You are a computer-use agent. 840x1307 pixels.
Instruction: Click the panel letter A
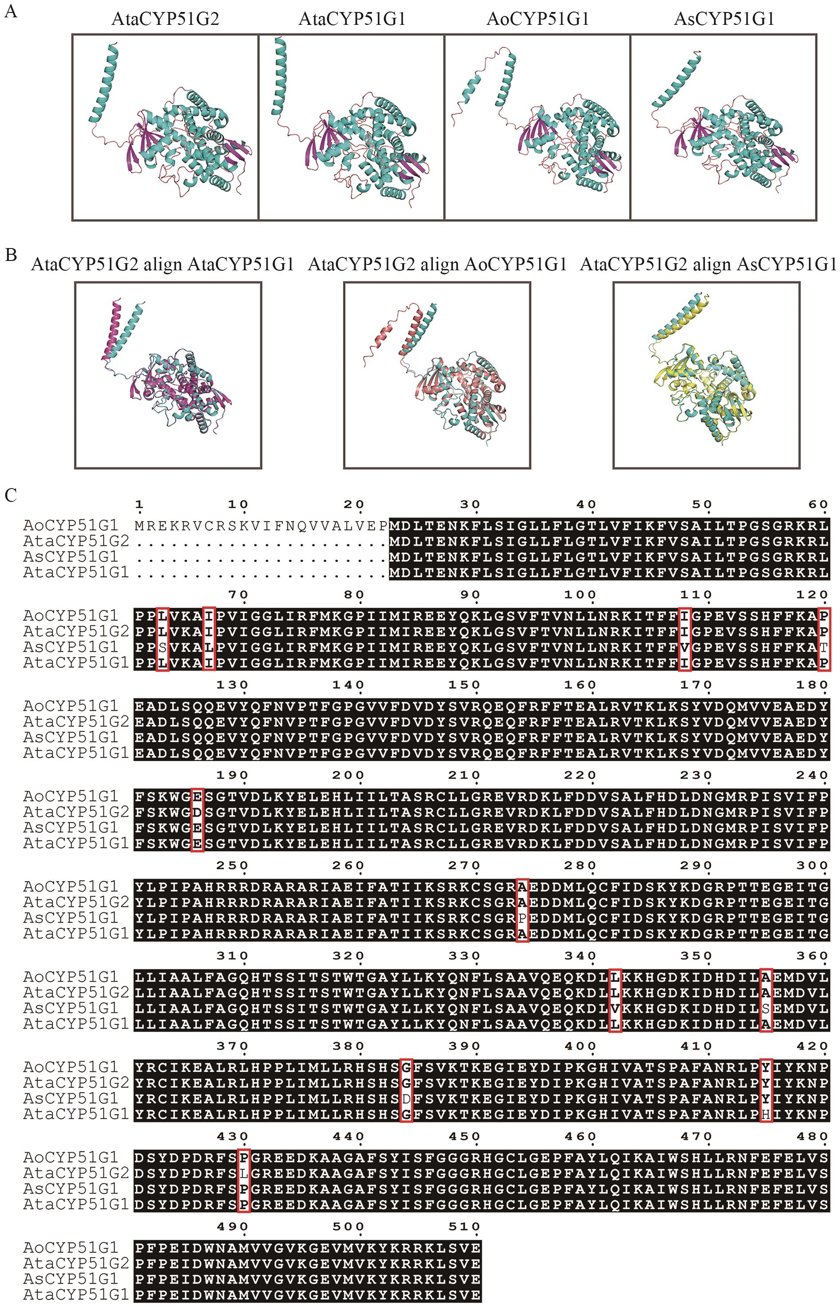(x=11, y=12)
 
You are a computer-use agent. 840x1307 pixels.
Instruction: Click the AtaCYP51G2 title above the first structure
(x=165, y=20)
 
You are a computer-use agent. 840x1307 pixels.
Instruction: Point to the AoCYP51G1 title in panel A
(x=537, y=20)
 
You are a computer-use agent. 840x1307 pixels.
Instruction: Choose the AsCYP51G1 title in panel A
(x=724, y=20)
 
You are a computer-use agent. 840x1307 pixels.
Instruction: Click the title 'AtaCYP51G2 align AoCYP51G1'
(x=437, y=265)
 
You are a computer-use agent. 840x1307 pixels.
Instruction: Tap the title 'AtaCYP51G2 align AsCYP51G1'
(x=708, y=265)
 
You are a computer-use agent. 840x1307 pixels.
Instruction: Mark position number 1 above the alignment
(x=140, y=505)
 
